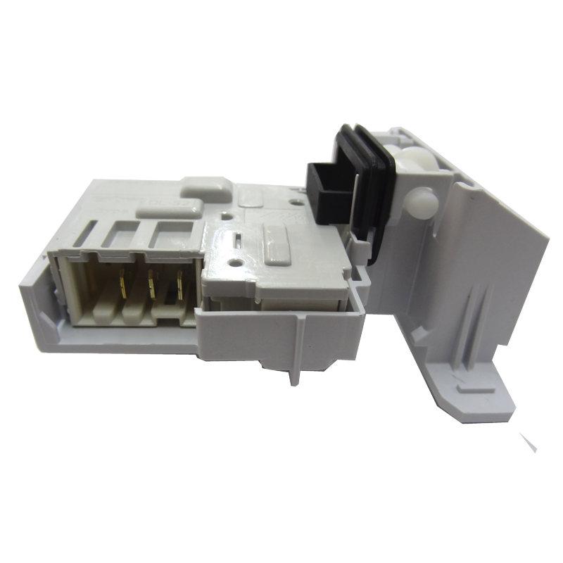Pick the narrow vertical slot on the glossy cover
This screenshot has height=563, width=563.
coord(239,243)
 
